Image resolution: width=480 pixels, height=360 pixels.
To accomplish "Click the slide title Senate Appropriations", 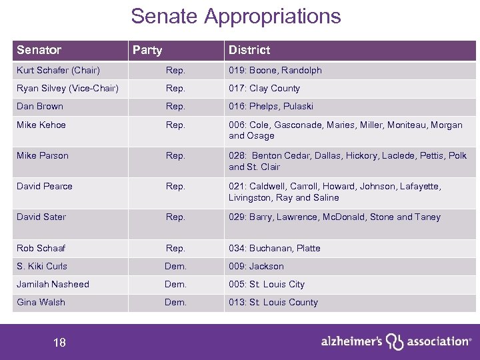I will [x=235, y=16].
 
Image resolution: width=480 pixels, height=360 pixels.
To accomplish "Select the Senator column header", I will [x=39, y=50].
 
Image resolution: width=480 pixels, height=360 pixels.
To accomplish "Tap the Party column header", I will [x=147, y=50].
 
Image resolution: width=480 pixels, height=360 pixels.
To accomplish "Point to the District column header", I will [x=249, y=50].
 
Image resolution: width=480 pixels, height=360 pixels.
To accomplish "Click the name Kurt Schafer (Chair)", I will [x=58, y=70].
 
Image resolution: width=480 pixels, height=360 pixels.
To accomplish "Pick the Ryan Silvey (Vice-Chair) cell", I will [x=67, y=88].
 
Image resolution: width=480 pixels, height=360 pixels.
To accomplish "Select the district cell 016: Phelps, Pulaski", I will [x=271, y=106].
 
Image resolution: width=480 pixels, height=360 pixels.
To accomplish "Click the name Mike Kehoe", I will [x=41, y=124].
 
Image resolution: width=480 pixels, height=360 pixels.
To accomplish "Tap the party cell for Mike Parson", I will [x=175, y=155].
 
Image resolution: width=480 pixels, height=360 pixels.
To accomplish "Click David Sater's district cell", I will [x=334, y=217].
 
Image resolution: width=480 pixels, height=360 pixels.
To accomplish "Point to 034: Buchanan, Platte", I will [x=275, y=248].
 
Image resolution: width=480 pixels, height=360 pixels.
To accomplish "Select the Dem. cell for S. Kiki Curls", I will [x=175, y=266].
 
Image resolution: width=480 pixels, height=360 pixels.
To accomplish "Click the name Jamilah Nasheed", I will [x=53, y=284].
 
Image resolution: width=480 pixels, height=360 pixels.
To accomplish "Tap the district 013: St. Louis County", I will [x=273, y=302].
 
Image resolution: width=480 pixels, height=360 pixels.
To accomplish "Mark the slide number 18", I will [x=59, y=343].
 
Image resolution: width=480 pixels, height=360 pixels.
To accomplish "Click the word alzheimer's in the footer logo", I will [x=351, y=341].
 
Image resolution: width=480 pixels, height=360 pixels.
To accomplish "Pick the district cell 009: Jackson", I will [x=256, y=266].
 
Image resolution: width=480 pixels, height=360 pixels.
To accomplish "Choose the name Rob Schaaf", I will [x=41, y=248].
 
